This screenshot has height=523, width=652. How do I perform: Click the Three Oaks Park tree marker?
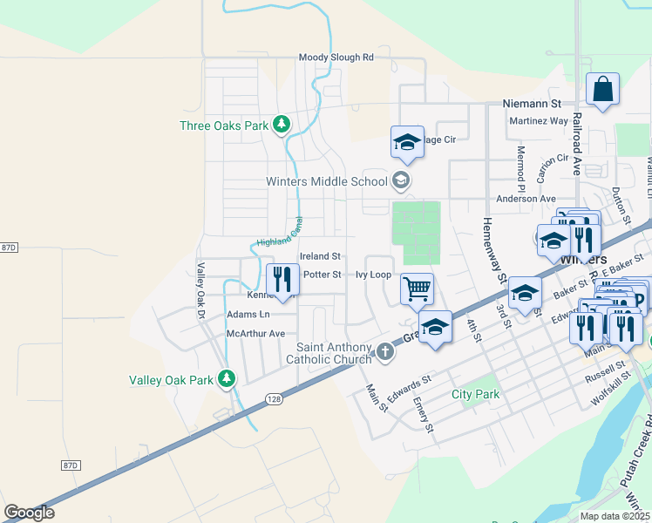281,126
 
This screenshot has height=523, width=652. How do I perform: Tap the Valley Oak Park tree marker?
227,379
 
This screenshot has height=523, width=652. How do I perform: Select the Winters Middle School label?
327,182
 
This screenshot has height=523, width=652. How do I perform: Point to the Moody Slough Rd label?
336,58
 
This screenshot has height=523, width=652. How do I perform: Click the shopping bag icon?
602,89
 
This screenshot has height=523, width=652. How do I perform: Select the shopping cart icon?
418,287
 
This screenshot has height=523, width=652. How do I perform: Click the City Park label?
476,394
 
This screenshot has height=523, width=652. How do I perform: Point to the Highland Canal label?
279,231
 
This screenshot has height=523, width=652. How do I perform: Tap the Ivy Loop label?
373,274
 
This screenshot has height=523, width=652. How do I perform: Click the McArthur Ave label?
255,334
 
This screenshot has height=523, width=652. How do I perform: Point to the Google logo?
29,513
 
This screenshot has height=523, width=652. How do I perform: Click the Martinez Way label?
538,120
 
